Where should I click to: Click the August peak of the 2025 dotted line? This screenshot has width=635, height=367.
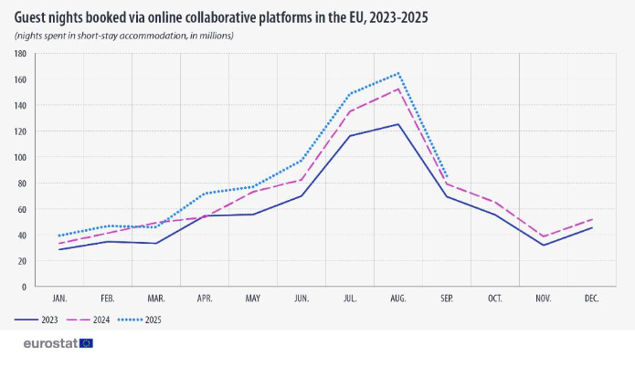pyautogui.click(x=397, y=73)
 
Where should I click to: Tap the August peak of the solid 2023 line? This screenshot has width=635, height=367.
pyautogui.click(x=397, y=124)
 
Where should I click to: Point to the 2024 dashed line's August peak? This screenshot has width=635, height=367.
pyautogui.click(x=397, y=89)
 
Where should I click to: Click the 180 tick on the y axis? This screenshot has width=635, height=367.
pyautogui.click(x=19, y=54)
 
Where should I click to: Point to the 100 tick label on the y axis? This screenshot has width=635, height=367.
pyautogui.click(x=19, y=157)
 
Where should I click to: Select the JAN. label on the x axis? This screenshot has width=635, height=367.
pyautogui.click(x=60, y=299)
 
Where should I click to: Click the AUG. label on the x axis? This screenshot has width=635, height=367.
pyautogui.click(x=397, y=299)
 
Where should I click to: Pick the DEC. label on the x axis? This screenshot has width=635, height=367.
pyautogui.click(x=591, y=299)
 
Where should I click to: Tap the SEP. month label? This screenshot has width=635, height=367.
pyautogui.click(x=446, y=299)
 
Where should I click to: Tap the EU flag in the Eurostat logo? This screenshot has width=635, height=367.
pyautogui.click(x=86, y=343)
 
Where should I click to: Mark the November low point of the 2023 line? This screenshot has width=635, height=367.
pyautogui.click(x=543, y=245)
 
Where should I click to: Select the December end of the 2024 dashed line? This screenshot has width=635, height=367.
pyautogui.click(x=591, y=219)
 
